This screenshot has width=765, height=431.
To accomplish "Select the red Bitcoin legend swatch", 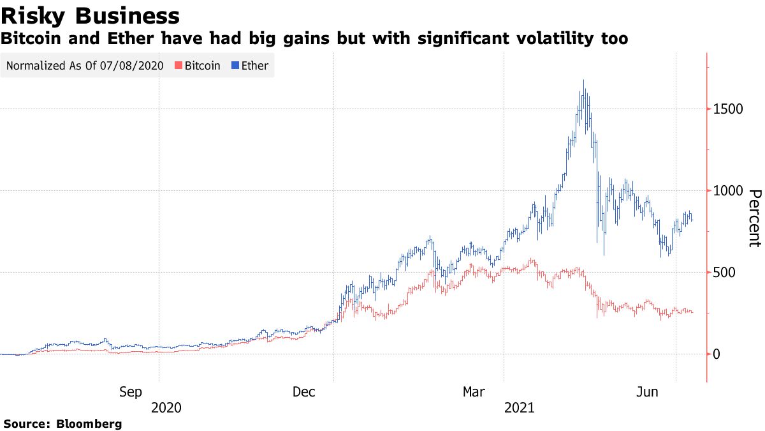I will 179,66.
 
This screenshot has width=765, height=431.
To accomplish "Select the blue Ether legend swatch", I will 235,66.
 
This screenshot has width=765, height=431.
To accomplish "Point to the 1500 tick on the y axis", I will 728,109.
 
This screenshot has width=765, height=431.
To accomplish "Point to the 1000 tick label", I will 728,191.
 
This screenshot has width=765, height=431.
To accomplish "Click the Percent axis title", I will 754,218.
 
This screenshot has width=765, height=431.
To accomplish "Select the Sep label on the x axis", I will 131,393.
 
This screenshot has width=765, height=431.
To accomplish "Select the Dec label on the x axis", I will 304,393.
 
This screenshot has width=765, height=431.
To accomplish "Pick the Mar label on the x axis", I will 475,393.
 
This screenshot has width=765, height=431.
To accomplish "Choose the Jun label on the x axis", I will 648,393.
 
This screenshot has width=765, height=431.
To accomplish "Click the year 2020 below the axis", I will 166,407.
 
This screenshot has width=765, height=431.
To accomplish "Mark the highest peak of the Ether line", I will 584,80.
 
